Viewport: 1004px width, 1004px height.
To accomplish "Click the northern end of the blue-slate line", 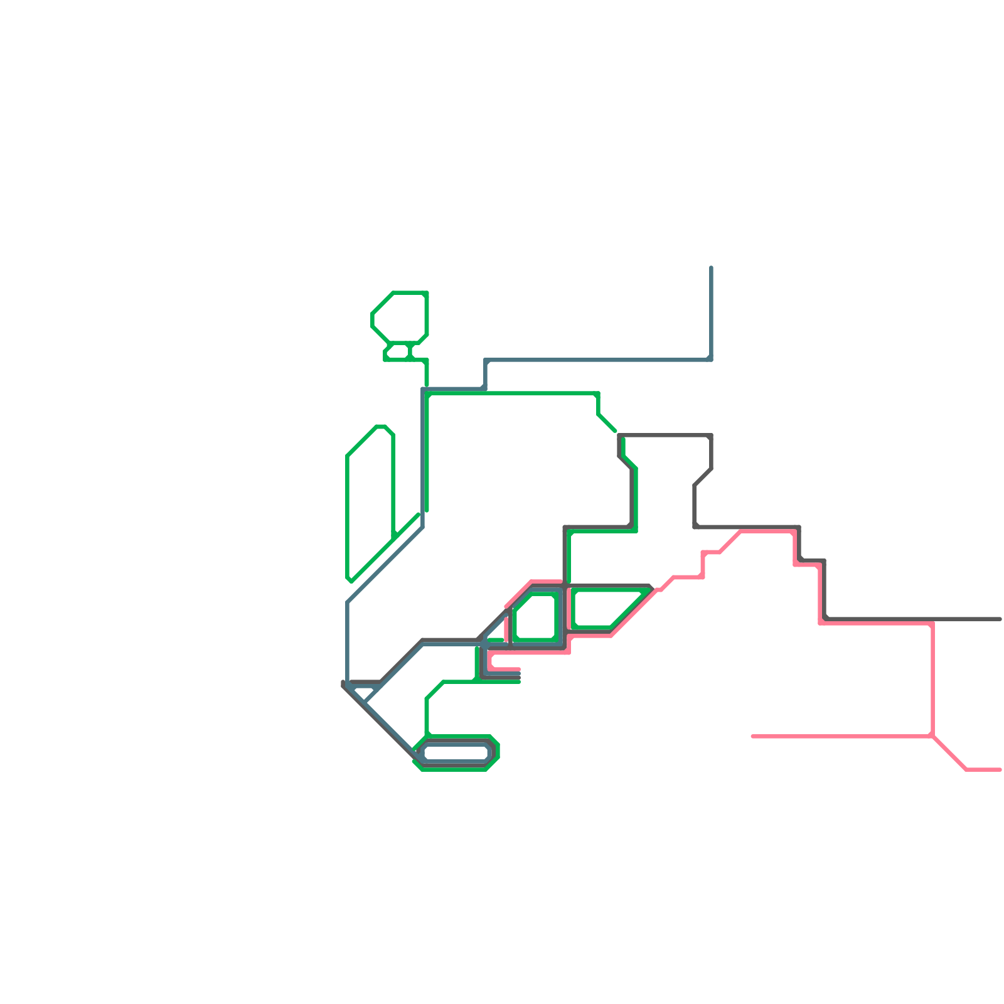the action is (711, 267).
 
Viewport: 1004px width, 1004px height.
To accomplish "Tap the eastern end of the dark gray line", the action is (1000, 619).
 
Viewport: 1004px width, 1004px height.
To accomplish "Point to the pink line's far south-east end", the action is (1000, 769).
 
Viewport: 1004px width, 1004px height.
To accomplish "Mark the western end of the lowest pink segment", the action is (753, 736).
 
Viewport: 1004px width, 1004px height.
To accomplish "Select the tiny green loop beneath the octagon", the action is (398, 352).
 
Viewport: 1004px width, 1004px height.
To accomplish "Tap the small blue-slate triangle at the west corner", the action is (363, 693).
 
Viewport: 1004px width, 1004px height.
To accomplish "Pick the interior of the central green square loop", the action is (535, 617).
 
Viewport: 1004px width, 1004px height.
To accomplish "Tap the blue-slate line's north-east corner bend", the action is (711, 360).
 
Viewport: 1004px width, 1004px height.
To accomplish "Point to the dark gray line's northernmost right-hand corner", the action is (711, 435).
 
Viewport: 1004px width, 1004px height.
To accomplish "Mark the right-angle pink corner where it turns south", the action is (932, 623).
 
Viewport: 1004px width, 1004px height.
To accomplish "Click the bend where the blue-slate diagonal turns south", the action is (348, 602).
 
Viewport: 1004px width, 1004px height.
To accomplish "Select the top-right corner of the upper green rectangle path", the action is (598, 393).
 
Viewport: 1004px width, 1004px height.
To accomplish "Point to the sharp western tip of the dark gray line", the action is (343, 685).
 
